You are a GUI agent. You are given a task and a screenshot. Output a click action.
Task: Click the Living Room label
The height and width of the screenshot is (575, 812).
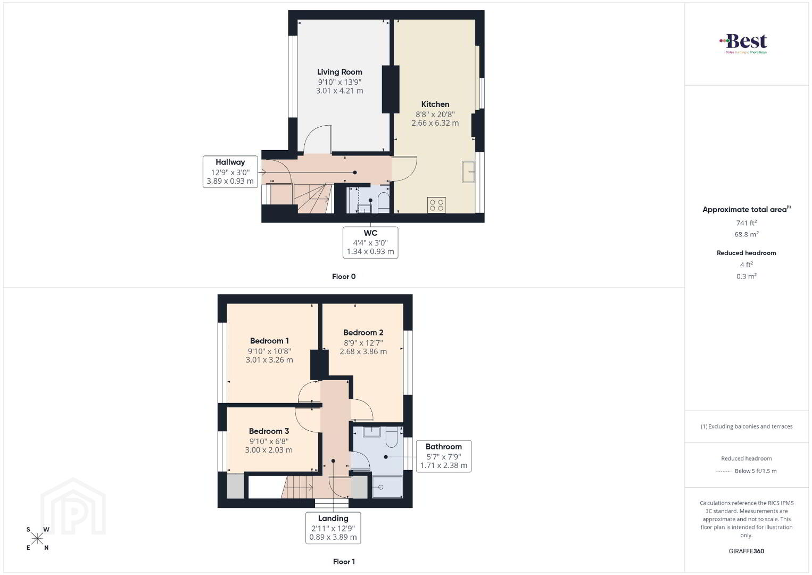tap(339, 72)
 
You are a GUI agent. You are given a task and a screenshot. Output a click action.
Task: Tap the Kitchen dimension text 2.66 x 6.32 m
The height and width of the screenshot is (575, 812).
tap(435, 123)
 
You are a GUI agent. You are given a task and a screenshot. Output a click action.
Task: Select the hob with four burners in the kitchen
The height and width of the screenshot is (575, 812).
tap(436, 205)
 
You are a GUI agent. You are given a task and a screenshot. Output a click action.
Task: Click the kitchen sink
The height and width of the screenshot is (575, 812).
tap(468, 171)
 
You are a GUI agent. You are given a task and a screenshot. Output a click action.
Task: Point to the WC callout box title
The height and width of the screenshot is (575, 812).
tap(370, 233)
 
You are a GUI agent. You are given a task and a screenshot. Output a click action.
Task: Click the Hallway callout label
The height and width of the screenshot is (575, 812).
tap(230, 162)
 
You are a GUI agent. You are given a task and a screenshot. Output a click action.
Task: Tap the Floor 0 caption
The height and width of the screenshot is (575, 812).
tap(344, 276)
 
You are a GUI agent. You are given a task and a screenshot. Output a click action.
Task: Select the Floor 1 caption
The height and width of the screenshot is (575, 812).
tap(344, 562)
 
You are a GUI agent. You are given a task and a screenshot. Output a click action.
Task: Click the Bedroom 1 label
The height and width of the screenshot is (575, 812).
tap(269, 341)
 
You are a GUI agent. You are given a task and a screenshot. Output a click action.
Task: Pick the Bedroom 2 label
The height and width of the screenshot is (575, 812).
tap(363, 332)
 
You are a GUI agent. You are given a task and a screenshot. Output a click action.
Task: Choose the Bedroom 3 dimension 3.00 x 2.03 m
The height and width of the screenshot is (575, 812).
tap(269, 450)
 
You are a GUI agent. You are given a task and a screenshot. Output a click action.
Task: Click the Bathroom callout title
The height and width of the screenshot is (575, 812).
tap(444, 447)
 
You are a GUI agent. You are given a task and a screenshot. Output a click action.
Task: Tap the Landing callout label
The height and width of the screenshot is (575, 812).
tap(333, 519)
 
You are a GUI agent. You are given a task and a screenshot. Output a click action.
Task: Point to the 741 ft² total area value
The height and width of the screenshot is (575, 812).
tap(747, 223)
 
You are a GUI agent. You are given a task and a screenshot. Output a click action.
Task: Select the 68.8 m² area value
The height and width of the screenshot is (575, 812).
tap(747, 234)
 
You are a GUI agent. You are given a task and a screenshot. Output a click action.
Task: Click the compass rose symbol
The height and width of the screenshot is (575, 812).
tap(37, 539)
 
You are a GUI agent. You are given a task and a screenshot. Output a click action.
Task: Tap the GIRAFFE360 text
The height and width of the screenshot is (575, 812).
tap(747, 551)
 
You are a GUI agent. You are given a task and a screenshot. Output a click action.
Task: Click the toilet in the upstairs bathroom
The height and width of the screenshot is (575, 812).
tap(392, 437)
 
